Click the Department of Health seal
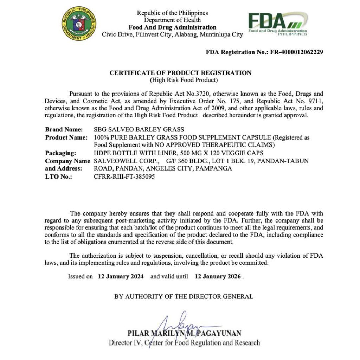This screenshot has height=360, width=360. click(x=79, y=24)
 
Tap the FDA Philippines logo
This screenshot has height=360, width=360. click(x=277, y=24)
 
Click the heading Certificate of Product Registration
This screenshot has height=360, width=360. click(x=180, y=73)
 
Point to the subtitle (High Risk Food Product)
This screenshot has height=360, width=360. click(x=180, y=80)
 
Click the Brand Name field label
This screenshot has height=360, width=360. click(x=64, y=130)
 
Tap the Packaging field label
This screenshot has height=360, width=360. click(x=60, y=153)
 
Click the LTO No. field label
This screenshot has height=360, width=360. click(x=58, y=177)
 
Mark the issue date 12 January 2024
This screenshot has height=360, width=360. click(x=121, y=276)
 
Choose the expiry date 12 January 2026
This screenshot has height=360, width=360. click(x=218, y=276)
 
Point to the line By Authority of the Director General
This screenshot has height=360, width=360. click(x=184, y=296)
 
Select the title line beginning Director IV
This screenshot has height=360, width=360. click(x=185, y=342)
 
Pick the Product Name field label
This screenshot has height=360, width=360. click(x=66, y=137)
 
